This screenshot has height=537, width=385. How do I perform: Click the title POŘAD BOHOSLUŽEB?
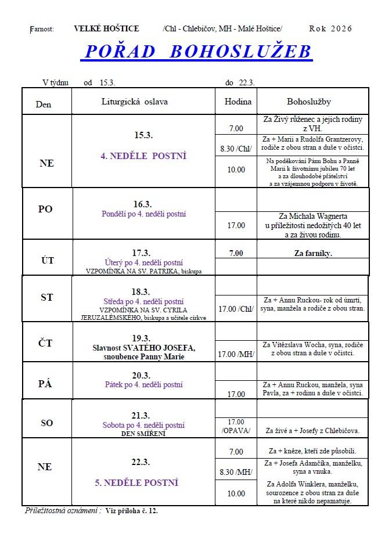197,52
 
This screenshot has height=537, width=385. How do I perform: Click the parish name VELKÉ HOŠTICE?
106,28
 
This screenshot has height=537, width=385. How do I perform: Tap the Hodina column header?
238,102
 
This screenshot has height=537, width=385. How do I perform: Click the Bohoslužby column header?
308,102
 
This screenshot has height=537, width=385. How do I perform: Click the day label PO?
45,210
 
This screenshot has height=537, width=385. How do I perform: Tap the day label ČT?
46,343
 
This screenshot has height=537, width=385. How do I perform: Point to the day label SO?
46,423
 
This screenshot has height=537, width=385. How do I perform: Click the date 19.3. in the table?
142,338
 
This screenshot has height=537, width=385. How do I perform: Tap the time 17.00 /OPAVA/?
236,426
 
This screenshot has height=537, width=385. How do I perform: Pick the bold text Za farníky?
313,254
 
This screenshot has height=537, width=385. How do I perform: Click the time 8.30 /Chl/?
236,149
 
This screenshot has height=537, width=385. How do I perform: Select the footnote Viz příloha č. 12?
132,511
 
